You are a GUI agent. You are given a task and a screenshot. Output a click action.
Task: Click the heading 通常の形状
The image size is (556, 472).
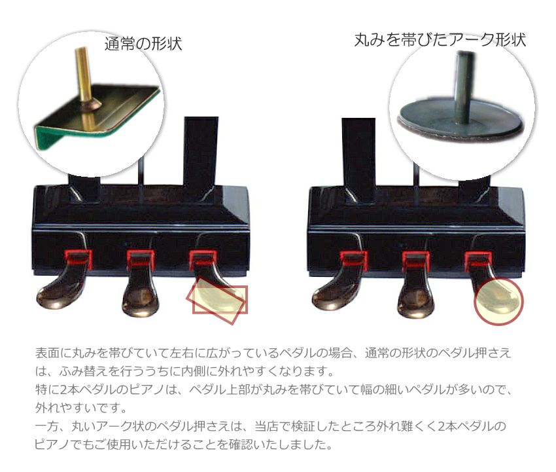[x=143, y=44]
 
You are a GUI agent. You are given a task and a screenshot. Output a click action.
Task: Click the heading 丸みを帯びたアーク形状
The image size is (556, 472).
[x=440, y=39]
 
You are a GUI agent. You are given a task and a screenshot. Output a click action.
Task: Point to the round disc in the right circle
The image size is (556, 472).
[x=460, y=122]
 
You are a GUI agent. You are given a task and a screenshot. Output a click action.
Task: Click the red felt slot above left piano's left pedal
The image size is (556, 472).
[x=78, y=259]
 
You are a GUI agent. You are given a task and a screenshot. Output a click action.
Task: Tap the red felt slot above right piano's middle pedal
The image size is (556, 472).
[x=416, y=260]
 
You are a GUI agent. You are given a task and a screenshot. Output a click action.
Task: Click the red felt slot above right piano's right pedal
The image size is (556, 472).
[x=478, y=260]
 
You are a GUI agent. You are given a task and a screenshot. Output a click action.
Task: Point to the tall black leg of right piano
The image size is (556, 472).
[x=358, y=160]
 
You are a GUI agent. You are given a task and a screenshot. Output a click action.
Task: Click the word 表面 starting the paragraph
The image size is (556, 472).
[x=47, y=353]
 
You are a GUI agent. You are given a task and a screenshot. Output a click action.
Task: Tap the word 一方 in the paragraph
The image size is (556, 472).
[x=47, y=426]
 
